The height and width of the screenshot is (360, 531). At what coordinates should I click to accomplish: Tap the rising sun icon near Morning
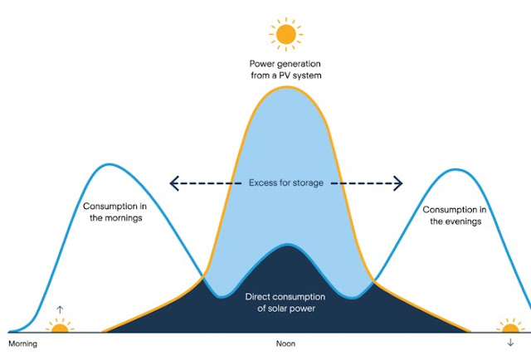click(59, 328)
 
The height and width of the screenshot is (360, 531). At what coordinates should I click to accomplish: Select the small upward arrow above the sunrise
click(59, 310)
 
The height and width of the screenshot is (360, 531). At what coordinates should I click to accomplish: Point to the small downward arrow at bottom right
click(509, 342)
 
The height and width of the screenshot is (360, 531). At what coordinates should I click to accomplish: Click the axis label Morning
click(23, 343)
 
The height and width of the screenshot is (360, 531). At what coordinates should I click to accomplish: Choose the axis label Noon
click(285, 343)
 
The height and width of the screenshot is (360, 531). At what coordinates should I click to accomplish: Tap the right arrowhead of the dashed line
click(398, 182)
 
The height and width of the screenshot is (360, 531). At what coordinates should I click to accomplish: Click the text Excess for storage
click(285, 182)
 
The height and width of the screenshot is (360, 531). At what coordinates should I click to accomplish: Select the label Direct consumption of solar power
click(285, 303)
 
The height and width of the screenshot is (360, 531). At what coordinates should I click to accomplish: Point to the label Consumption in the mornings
click(114, 212)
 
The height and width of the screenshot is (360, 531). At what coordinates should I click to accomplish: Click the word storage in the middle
click(305, 182)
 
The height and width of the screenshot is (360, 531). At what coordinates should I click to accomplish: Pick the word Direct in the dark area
click(259, 297)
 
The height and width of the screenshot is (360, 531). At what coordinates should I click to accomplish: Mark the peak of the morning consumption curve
click(108, 164)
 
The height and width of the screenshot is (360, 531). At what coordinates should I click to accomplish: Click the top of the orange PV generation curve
click(286, 87)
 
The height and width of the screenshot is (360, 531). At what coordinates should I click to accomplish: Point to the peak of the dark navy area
click(287, 246)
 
